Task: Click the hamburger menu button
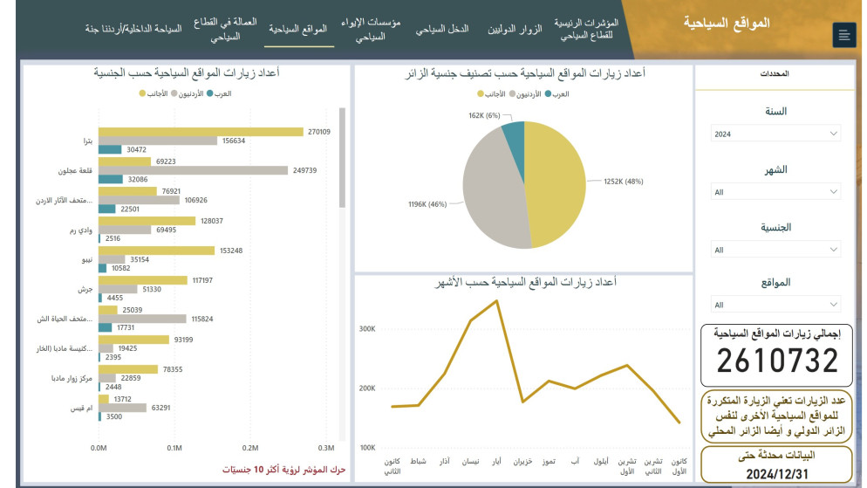[x=844, y=35]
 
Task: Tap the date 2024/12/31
[x=776, y=474]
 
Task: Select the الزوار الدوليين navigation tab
[x=512, y=29]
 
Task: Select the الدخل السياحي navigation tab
[x=441, y=29]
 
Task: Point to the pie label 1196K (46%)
[x=427, y=204]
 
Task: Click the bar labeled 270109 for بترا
[x=200, y=131]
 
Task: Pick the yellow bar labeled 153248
[x=156, y=251]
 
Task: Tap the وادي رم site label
[x=81, y=230]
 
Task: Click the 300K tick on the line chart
[x=366, y=329]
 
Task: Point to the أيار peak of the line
[x=496, y=301]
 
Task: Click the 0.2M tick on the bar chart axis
[x=249, y=447]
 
